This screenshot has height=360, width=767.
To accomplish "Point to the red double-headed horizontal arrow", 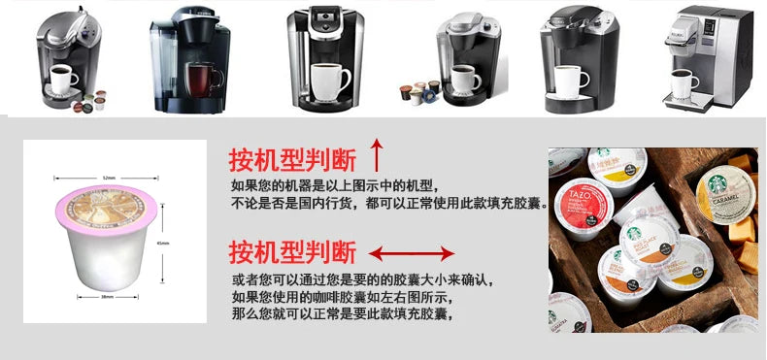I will [412, 254].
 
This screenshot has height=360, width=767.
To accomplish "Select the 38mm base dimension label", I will [109, 298].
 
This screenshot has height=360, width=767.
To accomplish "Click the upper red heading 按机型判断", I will [291, 158].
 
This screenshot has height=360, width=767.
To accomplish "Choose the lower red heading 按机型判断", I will [291, 253].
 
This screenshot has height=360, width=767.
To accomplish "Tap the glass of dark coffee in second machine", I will [200, 77].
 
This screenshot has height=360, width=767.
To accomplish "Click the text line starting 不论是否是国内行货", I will [388, 205].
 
